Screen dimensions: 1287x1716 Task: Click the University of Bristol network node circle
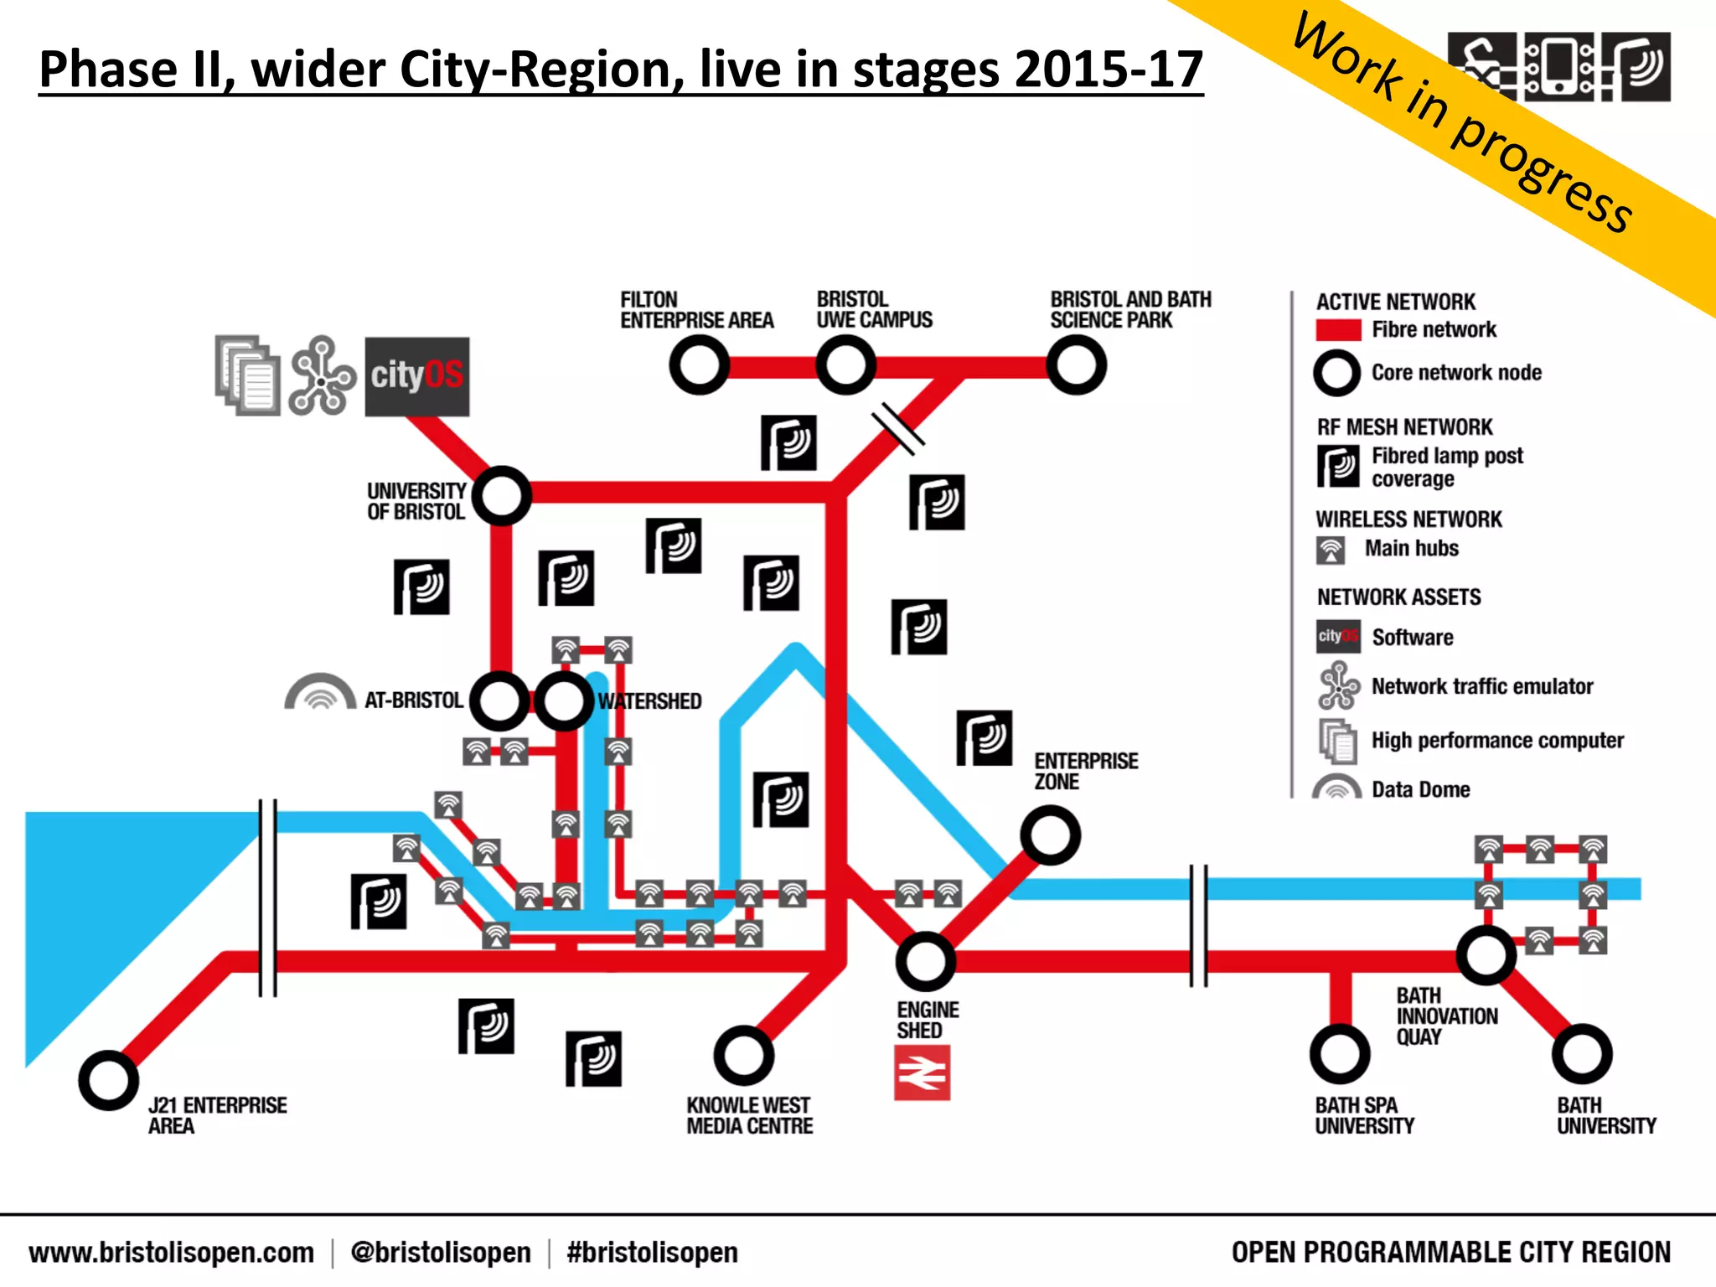tap(501, 496)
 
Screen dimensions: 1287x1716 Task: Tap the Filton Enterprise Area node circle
tap(699, 365)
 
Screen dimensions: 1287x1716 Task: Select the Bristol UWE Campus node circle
tap(846, 365)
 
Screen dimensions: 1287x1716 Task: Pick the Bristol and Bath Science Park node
tap(1077, 365)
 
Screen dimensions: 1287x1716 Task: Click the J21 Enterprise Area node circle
tap(108, 1080)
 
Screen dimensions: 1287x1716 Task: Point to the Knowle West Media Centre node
tap(743, 1056)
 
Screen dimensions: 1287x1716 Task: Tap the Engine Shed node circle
tap(925, 961)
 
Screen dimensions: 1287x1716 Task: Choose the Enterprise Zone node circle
tap(1050, 835)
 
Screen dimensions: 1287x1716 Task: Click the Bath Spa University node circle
tap(1340, 1054)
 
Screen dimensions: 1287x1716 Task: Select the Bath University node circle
tap(1582, 1054)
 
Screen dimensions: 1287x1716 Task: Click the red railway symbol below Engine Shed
tap(922, 1072)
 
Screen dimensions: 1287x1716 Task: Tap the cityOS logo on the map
tap(416, 376)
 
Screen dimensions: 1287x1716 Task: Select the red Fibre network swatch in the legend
tap(1338, 330)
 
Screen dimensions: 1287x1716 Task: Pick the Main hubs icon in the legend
tap(1331, 550)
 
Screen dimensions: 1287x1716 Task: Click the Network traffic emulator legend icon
tap(1338, 685)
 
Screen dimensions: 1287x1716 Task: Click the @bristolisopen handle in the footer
tap(441, 1253)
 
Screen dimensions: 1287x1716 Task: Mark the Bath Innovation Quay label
tap(1446, 1016)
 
